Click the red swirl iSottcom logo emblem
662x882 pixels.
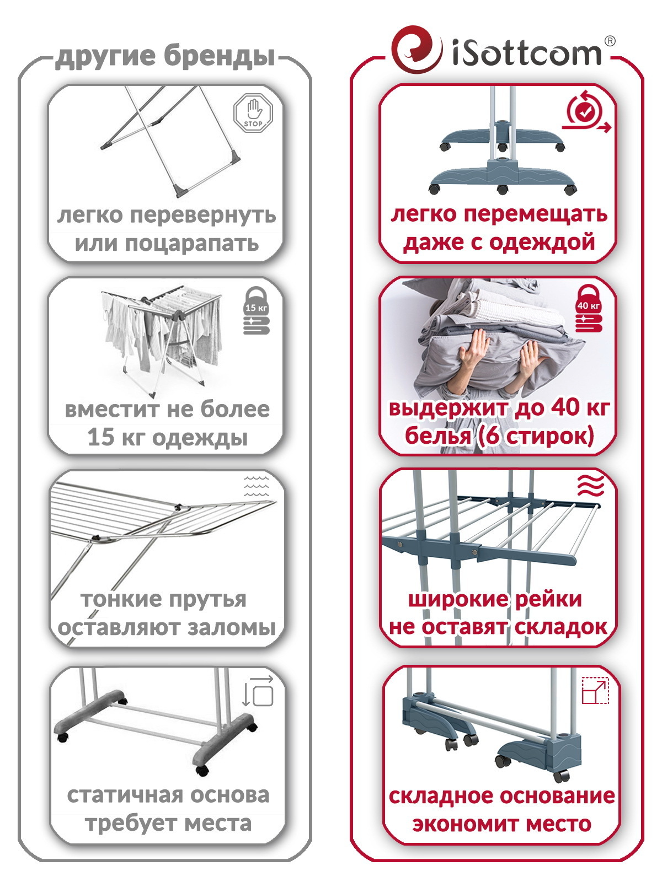(x=417, y=50)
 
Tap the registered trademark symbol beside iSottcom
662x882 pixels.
(x=610, y=41)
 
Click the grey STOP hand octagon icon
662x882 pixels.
(x=253, y=112)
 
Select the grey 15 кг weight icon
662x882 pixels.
(x=257, y=310)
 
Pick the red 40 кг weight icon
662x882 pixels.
(x=589, y=309)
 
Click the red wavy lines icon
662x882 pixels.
(x=590, y=486)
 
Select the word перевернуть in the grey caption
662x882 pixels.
(x=204, y=216)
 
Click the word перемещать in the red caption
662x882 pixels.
(x=535, y=214)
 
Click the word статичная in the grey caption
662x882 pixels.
(x=122, y=795)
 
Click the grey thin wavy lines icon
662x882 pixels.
(x=257, y=486)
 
